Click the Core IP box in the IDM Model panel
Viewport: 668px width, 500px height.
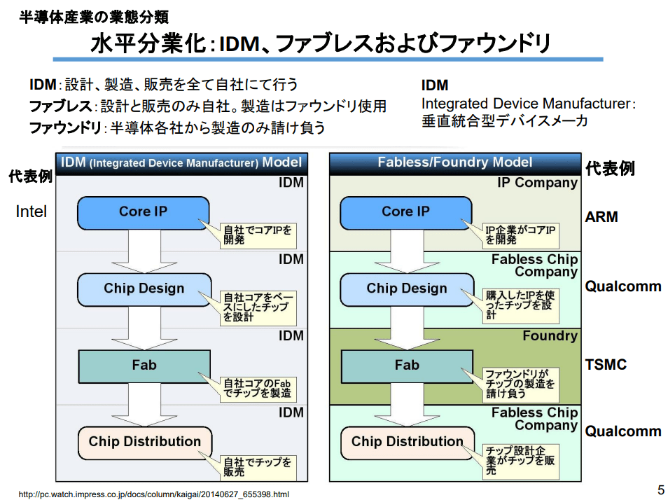pos(143,212)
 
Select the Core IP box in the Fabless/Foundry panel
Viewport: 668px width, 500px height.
pos(405,212)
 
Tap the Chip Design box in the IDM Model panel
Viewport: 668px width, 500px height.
pos(144,289)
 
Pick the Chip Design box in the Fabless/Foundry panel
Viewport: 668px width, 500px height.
pos(406,289)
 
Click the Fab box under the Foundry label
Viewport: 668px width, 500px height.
pos(406,366)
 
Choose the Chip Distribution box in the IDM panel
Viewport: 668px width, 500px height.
pos(144,442)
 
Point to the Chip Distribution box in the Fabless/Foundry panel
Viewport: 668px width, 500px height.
pos(407,442)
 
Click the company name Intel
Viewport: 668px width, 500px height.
pos(31,211)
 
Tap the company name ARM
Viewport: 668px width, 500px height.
pos(601,217)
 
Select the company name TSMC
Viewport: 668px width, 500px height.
pos(606,365)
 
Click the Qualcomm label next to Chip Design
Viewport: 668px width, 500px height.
pos(623,286)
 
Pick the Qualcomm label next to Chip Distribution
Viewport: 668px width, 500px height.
pos(623,431)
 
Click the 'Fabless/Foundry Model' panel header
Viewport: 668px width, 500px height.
pos(455,162)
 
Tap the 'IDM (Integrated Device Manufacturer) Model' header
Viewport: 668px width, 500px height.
pos(181,162)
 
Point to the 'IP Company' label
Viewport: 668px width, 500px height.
pos(537,183)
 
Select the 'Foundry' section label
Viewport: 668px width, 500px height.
pos(550,336)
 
